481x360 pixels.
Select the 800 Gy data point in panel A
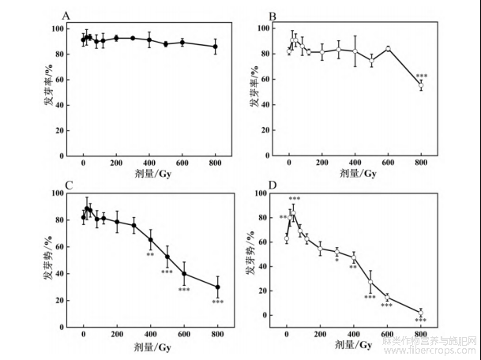pyautogui.click(x=216, y=47)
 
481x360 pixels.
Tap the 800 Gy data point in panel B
pyautogui.click(x=420, y=84)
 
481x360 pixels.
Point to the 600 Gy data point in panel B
pyautogui.click(x=388, y=48)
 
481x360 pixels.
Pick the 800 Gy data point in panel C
pyautogui.click(x=216, y=287)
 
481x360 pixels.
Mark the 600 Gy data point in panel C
pyautogui.click(x=184, y=273)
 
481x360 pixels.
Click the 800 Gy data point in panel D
pyautogui.click(x=421, y=313)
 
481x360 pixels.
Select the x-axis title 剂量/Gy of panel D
pyautogui.click(x=354, y=344)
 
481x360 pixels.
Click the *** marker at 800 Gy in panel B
pyautogui.click(x=422, y=77)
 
